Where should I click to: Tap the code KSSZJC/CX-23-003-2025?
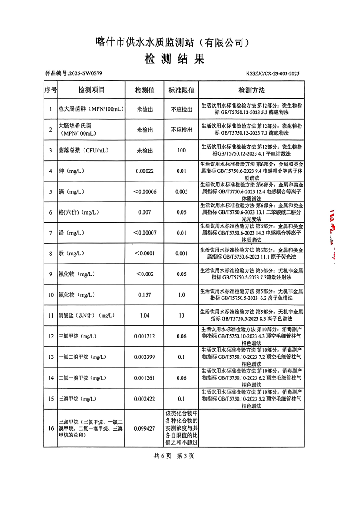[273, 73]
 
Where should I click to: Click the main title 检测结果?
[175, 59]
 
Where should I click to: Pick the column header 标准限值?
[182, 90]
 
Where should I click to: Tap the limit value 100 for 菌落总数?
[182, 150]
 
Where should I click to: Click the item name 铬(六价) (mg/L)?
[79, 212]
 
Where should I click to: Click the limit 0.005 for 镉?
[182, 191]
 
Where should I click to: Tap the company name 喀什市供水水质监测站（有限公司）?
[174, 43]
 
